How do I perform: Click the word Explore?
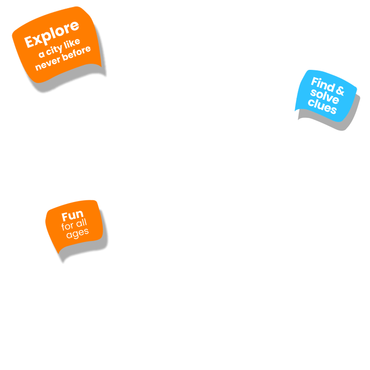pyautogui.click(x=52, y=34)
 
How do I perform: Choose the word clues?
pyautogui.click(x=322, y=107)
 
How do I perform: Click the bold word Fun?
pyautogui.click(x=73, y=216)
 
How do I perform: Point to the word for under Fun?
pyautogui.click(x=67, y=227)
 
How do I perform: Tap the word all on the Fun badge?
pyautogui.click(x=81, y=225)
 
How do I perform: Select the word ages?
pyautogui.click(x=77, y=234)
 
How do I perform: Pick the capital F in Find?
pyautogui.click(x=314, y=81)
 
